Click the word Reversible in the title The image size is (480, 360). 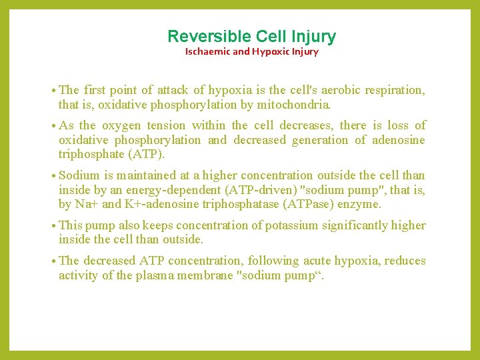click(x=200, y=37)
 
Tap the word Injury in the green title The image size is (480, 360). click(x=313, y=37)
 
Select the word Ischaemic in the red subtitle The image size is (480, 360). click(x=208, y=52)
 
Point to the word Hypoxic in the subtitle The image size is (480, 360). click(x=268, y=52)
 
